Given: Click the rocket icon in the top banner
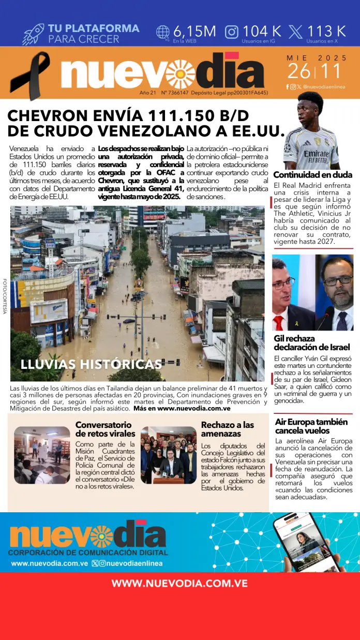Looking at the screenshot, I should pyautogui.click(x=34, y=34).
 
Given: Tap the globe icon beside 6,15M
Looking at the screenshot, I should pyautogui.click(x=163, y=32).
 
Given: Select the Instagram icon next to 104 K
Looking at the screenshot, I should pyautogui.click(x=232, y=32).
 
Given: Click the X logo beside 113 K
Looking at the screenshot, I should pyautogui.click(x=296, y=32).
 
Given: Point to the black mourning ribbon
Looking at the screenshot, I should pyautogui.click(x=30, y=76).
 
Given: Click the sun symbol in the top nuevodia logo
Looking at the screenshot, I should pyautogui.click(x=181, y=74).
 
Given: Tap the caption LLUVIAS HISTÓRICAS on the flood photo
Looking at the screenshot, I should pyautogui.click(x=91, y=364).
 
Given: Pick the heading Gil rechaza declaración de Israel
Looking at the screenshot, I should pyautogui.click(x=311, y=343).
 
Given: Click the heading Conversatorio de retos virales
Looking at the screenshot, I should pyautogui.click(x=105, y=429).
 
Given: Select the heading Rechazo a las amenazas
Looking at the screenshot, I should pyautogui.click(x=227, y=429).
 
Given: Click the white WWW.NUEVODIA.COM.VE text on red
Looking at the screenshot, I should pyautogui.click(x=179, y=584).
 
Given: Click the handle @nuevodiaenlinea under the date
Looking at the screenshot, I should pyautogui.click(x=324, y=87).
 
